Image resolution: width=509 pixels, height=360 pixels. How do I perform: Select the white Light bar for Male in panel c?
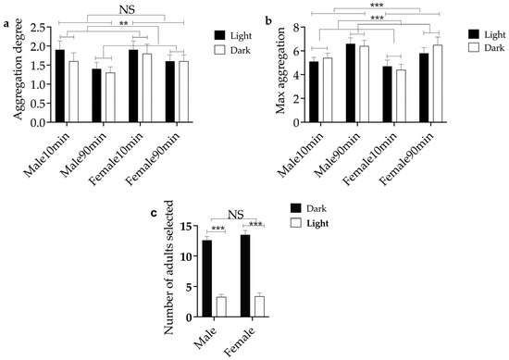(221, 306)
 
